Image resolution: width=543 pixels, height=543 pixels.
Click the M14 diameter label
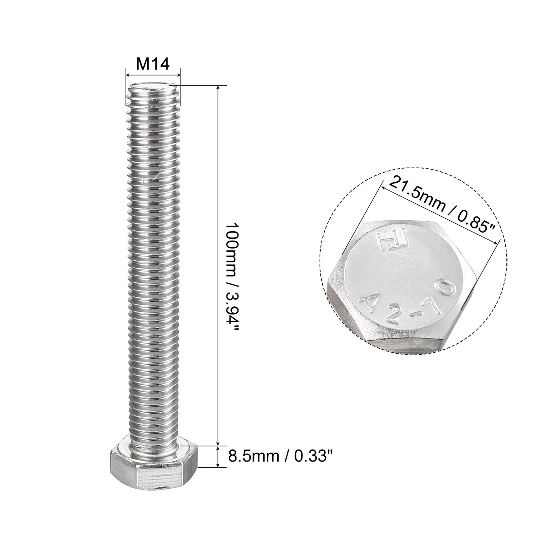point(153,64)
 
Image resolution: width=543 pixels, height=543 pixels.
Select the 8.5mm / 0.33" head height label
point(280,456)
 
